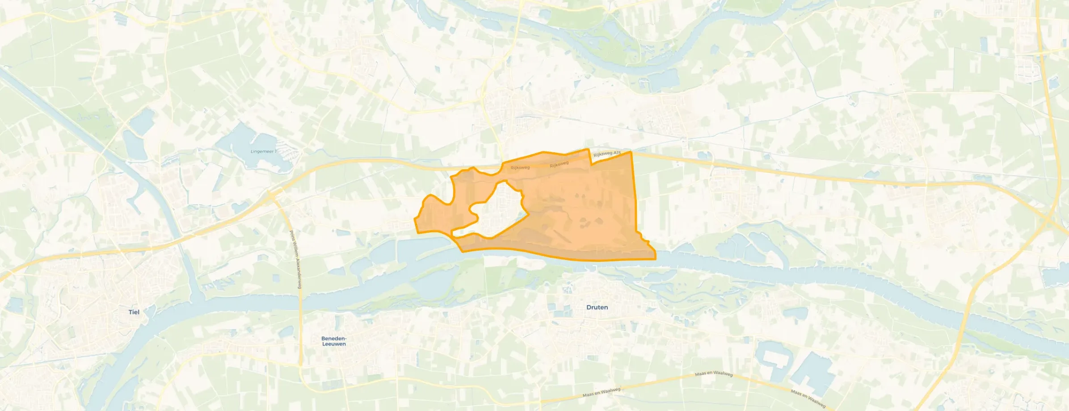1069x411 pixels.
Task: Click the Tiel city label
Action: [x=134, y=312]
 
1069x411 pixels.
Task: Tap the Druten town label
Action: [x=597, y=307]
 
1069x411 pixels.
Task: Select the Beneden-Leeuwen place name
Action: [x=334, y=341]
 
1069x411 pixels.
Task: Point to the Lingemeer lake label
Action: [x=263, y=151]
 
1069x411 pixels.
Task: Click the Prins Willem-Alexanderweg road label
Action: [x=295, y=259]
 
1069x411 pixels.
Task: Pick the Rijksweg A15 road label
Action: [x=607, y=154]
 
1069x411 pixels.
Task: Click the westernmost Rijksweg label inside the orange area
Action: [x=520, y=168]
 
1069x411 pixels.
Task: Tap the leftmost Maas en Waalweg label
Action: [x=602, y=393]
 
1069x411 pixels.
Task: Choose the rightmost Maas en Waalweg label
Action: [x=808, y=398]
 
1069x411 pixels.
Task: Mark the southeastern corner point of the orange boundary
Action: [x=655, y=259]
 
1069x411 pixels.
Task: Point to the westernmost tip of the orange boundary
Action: [x=415, y=219]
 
